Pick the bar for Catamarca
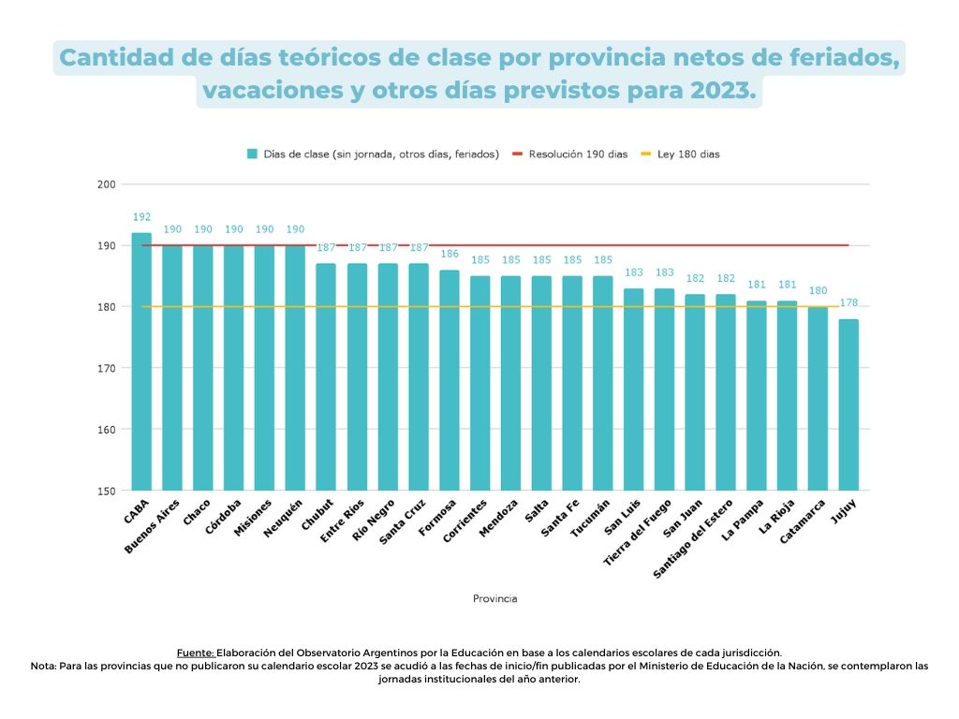818,399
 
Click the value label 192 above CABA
141,217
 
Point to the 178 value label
848,303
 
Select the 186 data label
450,254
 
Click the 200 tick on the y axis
106,184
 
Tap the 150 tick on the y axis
106,491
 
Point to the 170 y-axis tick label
106,368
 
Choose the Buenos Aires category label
153,526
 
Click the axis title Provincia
494,598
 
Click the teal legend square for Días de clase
252,154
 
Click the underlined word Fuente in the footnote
196,653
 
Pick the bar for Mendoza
510,383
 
